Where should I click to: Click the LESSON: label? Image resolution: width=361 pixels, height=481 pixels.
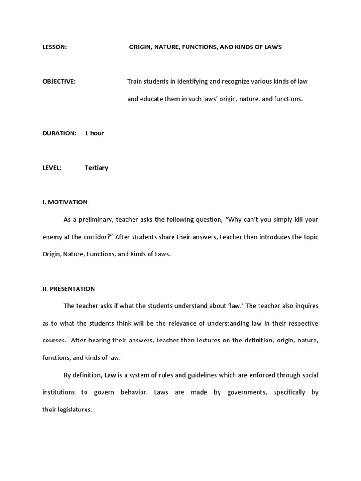(x=55, y=47)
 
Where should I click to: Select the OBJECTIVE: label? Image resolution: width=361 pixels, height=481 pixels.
(x=59, y=81)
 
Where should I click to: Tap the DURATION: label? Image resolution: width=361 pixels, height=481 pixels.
(x=59, y=133)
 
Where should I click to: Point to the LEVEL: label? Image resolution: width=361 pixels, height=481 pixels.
(x=52, y=168)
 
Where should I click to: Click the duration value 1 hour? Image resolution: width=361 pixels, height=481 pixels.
(x=94, y=133)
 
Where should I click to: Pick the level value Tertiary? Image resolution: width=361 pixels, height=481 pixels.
(x=96, y=168)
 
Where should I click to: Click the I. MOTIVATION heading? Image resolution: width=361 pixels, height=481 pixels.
(x=65, y=202)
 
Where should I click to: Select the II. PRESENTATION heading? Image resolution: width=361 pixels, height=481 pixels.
(x=69, y=289)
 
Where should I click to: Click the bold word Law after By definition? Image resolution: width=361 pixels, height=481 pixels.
(x=110, y=375)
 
